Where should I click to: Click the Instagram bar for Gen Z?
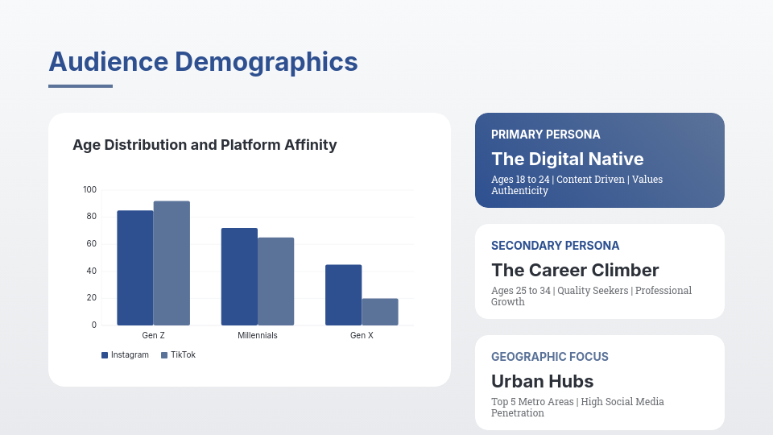click(135, 267)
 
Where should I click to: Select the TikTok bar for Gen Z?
click(172, 263)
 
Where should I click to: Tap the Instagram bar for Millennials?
click(239, 276)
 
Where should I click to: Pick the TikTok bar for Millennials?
click(275, 281)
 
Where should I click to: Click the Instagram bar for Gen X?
click(343, 295)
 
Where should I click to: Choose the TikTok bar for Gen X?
click(379, 312)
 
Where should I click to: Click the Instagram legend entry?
click(125, 355)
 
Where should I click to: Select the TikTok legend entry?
click(178, 355)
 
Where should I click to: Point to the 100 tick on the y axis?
click(89, 190)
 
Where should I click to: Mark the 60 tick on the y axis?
click(91, 244)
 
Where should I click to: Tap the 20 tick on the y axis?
click(91, 298)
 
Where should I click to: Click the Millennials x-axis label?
click(258, 335)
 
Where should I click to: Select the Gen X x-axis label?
click(362, 335)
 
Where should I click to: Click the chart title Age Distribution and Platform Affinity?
click(205, 145)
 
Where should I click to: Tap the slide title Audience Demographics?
click(203, 62)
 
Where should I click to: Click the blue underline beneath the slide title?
click(81, 86)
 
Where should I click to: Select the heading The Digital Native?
click(567, 159)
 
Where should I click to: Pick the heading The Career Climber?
click(575, 270)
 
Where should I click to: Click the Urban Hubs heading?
click(542, 381)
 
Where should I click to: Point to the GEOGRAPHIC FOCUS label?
click(549, 357)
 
